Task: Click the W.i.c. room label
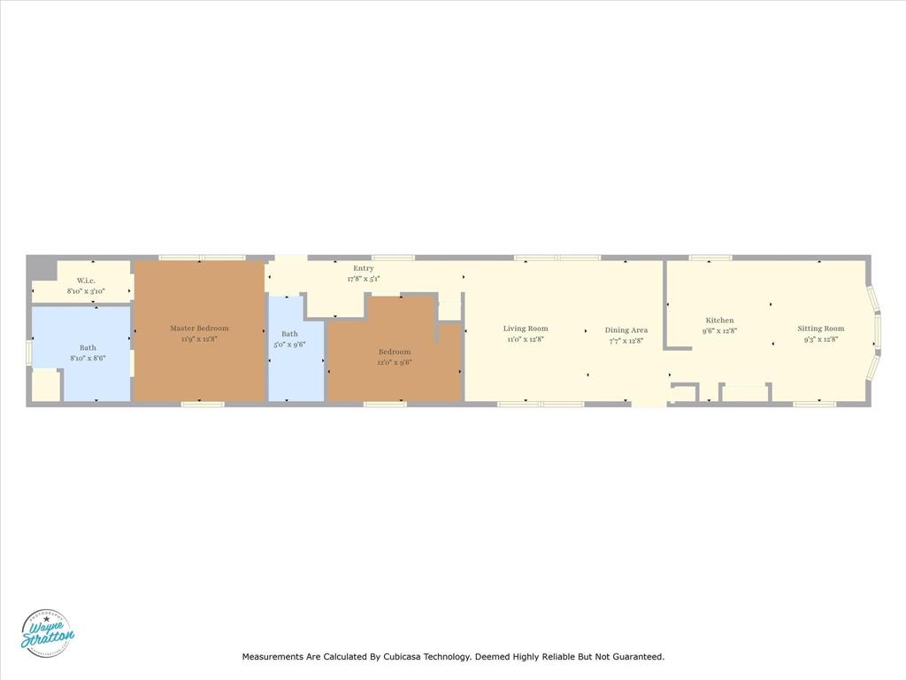86,281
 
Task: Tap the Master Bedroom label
199,328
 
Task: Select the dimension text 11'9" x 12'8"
199,339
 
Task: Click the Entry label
363,268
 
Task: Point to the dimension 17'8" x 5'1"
363,279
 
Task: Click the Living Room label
526,328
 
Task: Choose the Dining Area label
626,330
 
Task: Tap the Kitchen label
719,321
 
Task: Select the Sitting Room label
821,328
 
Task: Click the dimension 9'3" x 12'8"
821,339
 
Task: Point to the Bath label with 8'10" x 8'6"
88,348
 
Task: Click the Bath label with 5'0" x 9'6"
289,334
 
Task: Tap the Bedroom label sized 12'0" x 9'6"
395,352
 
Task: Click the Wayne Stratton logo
48,634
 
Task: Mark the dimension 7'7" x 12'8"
626,341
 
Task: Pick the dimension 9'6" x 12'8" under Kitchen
719,331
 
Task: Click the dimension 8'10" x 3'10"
86,291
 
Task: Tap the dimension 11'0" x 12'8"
526,339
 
